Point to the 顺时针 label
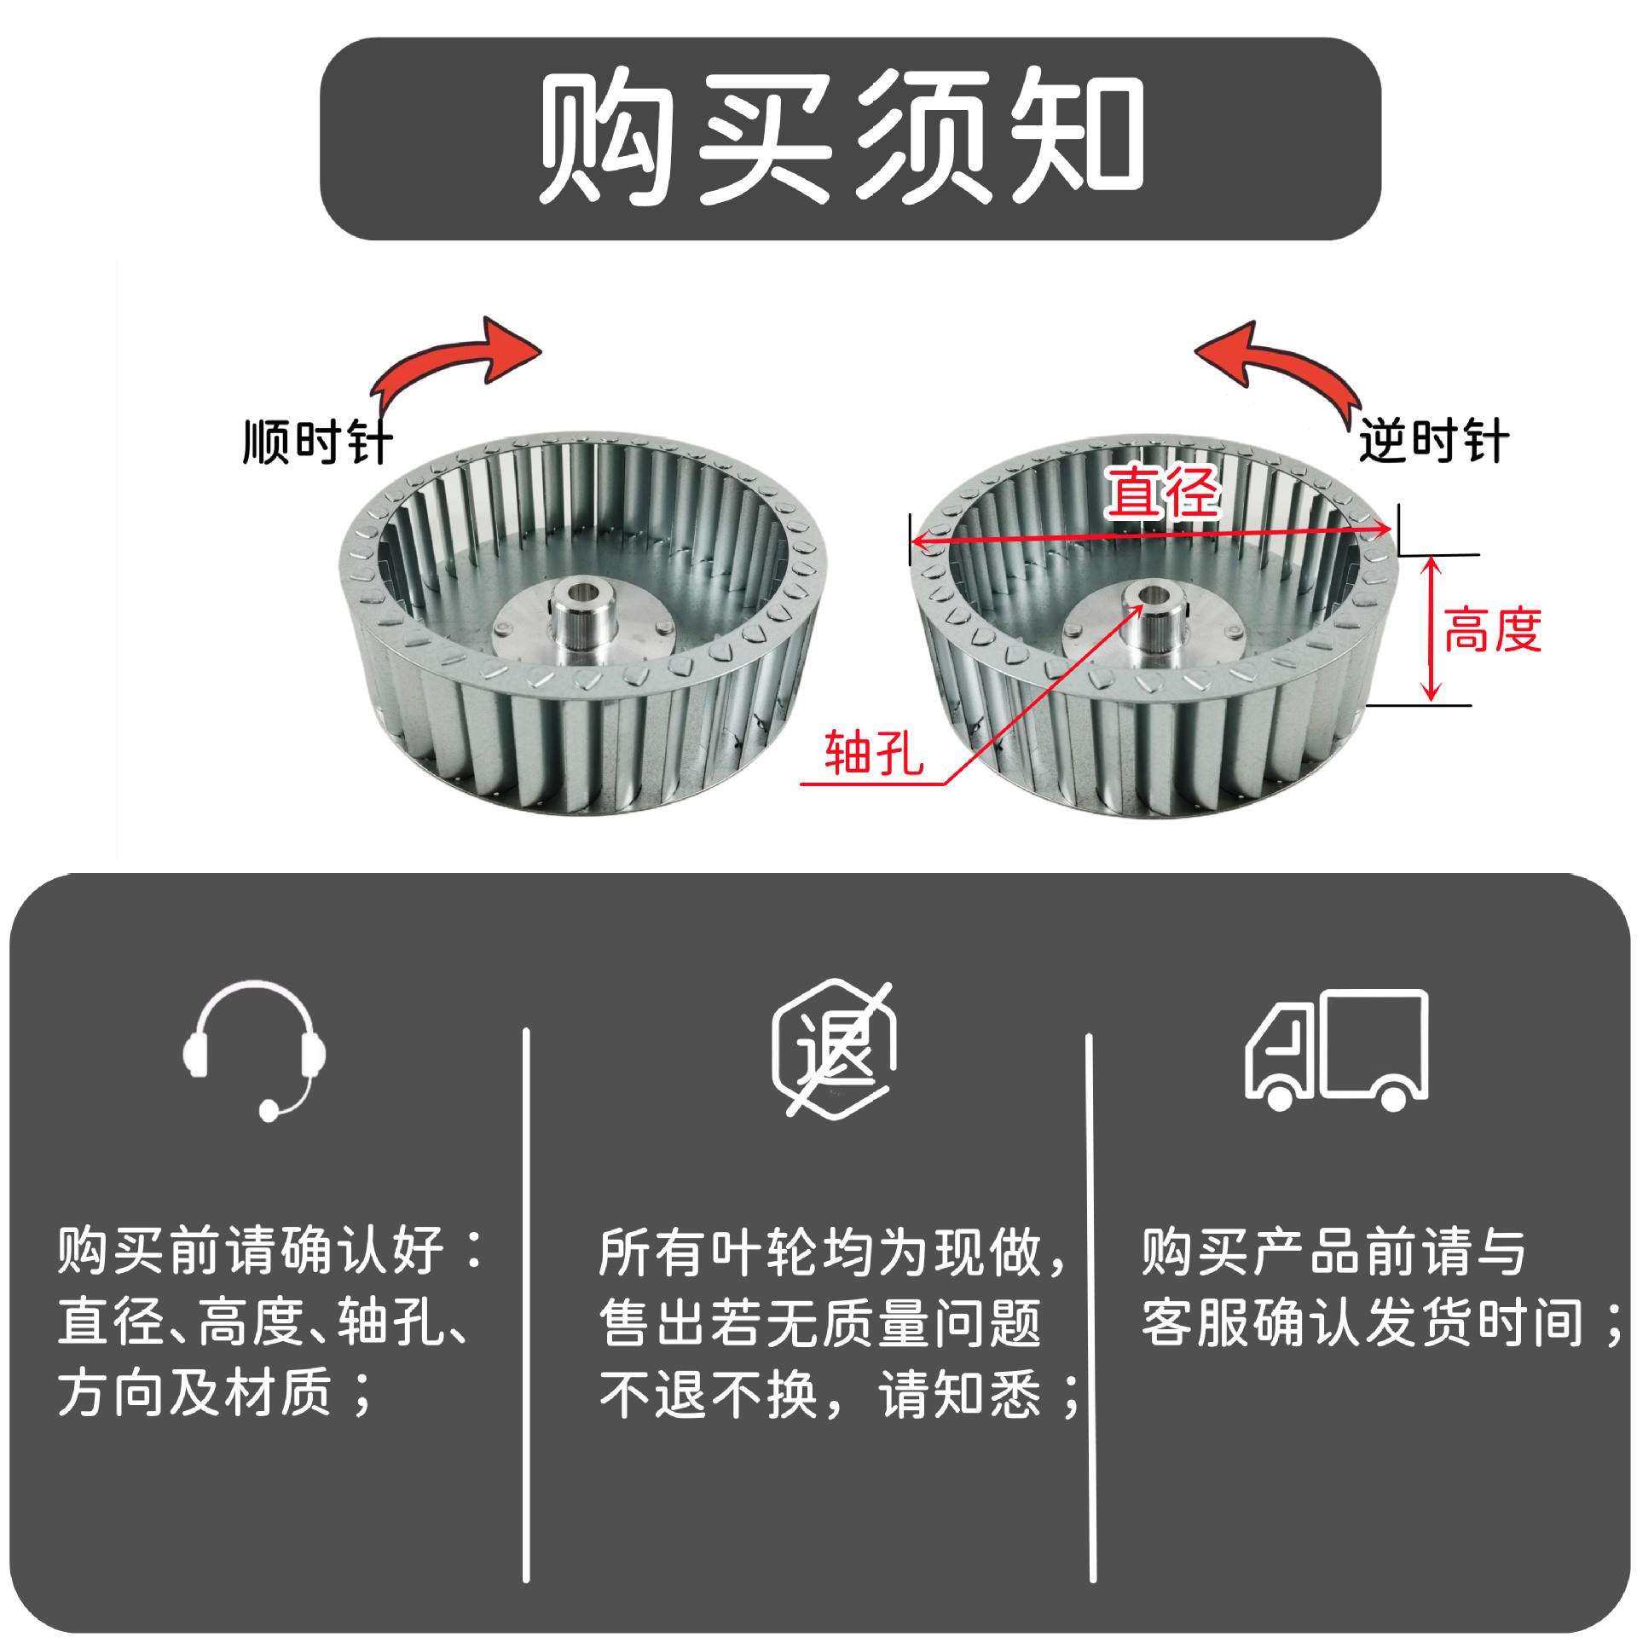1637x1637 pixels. (316, 442)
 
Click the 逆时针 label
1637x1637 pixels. (1433, 441)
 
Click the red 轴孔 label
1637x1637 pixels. (875, 753)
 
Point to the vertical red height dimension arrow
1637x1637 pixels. (1432, 628)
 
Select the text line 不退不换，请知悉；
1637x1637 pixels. (839, 1396)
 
